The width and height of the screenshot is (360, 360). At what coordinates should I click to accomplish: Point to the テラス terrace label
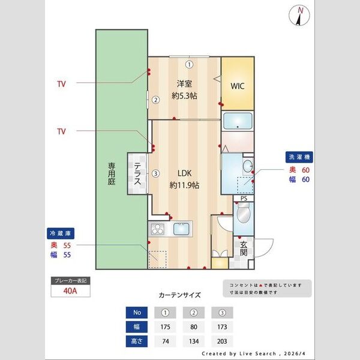tap(137, 174)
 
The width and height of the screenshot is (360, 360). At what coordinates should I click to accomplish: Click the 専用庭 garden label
tap(112, 173)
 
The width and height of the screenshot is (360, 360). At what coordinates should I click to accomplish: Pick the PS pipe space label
tap(244, 199)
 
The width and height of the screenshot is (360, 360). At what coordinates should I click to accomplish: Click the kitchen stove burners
tap(157, 229)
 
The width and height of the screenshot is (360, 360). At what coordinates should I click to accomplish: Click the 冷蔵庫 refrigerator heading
tap(60, 233)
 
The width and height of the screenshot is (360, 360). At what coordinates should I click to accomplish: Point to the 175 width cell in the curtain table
tap(165, 327)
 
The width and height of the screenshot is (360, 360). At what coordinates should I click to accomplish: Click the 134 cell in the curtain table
tap(193, 341)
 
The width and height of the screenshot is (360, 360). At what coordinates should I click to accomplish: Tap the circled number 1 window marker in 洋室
tap(188, 64)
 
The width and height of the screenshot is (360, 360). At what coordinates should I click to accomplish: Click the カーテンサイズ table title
tap(179, 295)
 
